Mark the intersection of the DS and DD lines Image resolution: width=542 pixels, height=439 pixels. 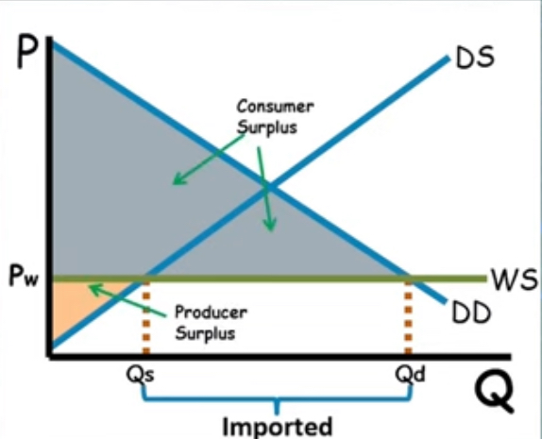pyautogui.click(x=267, y=187)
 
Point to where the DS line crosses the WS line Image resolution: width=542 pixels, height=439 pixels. pyautogui.click(x=145, y=279)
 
